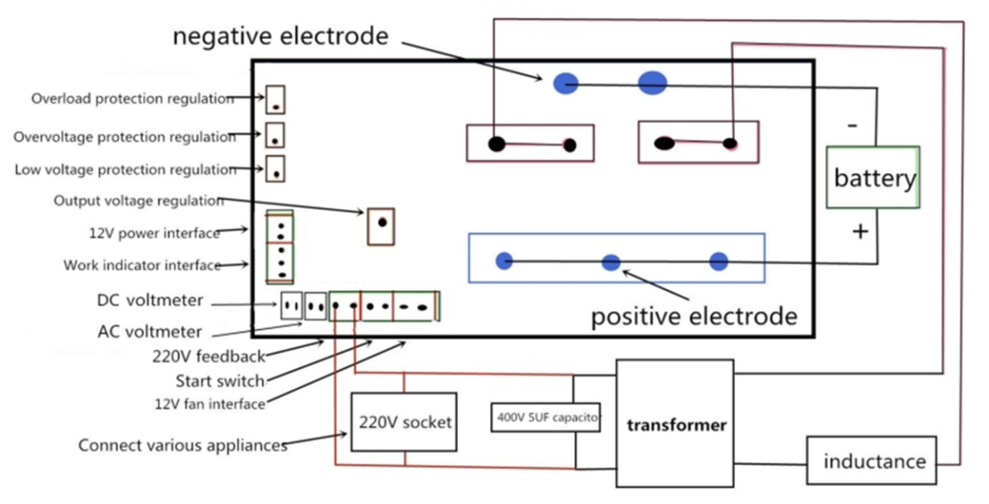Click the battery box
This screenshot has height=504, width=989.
point(874,178)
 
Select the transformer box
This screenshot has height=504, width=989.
point(675,425)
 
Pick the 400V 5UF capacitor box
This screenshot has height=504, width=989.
point(546,417)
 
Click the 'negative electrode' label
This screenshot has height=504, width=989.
point(280,37)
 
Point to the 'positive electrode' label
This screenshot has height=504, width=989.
point(693,316)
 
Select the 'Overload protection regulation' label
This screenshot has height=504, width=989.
point(133,99)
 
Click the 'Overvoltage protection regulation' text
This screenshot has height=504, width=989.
point(125,136)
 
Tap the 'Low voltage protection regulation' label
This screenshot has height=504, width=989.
point(126,170)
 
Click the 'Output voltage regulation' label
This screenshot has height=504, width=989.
point(138,202)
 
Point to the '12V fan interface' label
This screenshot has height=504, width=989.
point(210,403)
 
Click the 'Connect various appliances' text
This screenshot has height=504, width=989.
point(183,446)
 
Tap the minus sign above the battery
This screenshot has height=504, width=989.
point(853,126)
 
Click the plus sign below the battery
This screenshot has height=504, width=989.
point(860,231)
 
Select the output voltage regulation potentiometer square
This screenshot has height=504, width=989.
point(381,226)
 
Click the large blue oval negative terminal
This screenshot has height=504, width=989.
point(653,83)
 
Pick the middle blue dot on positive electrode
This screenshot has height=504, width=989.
point(611,262)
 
